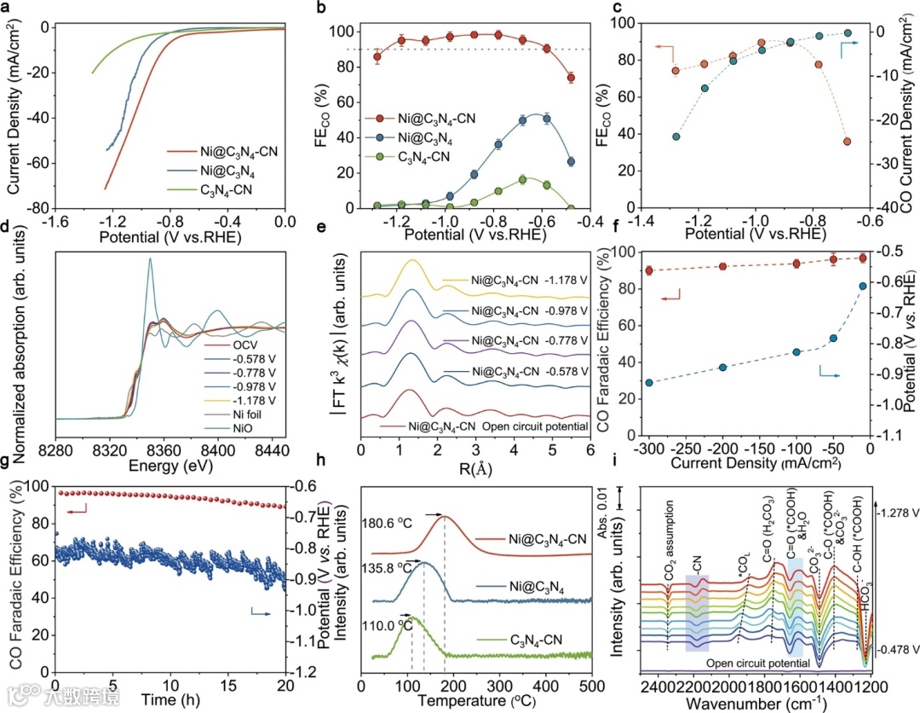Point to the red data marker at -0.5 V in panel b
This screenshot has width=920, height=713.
[x=570, y=78]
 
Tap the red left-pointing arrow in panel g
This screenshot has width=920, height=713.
[x=77, y=509]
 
